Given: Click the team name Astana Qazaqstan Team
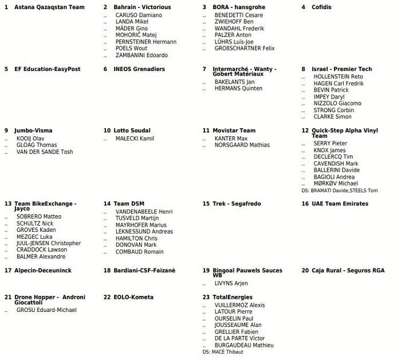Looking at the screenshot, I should (49, 7).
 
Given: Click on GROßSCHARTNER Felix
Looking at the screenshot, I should (245, 49).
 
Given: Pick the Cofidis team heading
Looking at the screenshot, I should (321, 7).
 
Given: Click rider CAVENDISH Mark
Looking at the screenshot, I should (336, 164).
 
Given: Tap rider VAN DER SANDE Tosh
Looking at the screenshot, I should (45, 152).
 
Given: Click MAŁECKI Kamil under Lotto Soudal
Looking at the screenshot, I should (135, 139).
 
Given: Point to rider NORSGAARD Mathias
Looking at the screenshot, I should (242, 145).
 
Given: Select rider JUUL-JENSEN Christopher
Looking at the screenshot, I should (49, 243).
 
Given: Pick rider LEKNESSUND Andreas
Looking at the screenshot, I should (144, 232).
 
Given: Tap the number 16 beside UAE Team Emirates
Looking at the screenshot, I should (305, 204).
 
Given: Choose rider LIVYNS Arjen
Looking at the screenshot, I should (231, 283).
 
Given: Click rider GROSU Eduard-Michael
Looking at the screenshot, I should (46, 310).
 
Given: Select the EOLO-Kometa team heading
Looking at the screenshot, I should (133, 298).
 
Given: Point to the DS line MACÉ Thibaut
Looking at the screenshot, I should (223, 352).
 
